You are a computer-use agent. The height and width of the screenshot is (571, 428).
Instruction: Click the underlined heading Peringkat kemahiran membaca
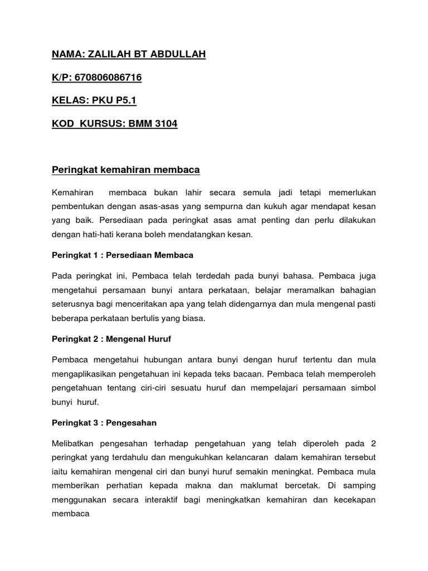click(x=125, y=169)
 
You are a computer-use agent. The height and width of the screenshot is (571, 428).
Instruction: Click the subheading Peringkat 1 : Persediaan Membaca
click(x=123, y=255)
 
